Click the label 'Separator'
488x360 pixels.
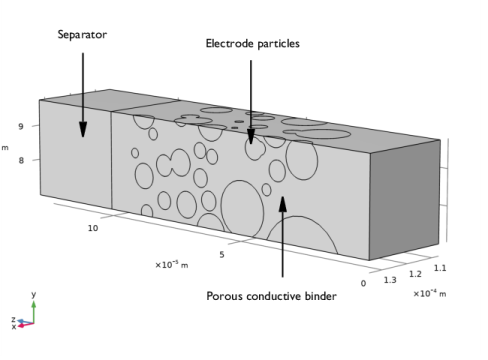click(x=82, y=35)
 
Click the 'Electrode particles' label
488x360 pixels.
click(x=252, y=43)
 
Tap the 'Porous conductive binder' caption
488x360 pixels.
click(x=271, y=295)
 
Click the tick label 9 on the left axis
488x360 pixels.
click(x=20, y=126)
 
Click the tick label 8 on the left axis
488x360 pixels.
click(x=20, y=158)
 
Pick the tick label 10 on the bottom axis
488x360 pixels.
click(x=93, y=228)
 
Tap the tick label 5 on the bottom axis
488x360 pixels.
click(x=221, y=255)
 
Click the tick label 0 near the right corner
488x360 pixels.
click(x=364, y=283)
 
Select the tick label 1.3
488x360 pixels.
click(x=390, y=279)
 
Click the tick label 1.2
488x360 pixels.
click(x=416, y=273)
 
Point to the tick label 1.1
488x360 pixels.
click(x=441, y=268)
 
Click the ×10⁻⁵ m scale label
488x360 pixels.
click(x=171, y=264)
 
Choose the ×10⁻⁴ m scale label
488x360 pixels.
click(x=430, y=293)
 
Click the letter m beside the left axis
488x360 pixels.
click(x=5, y=148)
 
